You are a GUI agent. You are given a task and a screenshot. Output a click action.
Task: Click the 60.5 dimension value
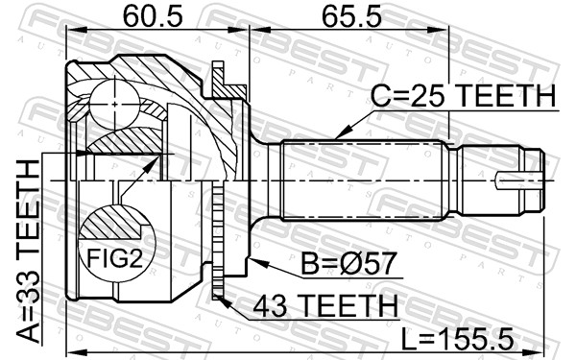[x=153, y=16]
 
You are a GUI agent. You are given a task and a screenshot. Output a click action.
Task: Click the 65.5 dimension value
[x=351, y=16]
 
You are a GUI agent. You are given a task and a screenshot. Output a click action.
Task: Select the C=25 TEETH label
[x=464, y=95]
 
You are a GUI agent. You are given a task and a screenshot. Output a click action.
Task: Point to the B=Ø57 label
[x=348, y=263]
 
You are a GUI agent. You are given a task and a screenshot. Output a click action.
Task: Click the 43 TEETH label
[x=325, y=305]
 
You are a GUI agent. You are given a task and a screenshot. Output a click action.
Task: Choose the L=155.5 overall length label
[x=457, y=339]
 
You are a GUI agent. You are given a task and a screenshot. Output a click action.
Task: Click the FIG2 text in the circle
[x=114, y=258]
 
